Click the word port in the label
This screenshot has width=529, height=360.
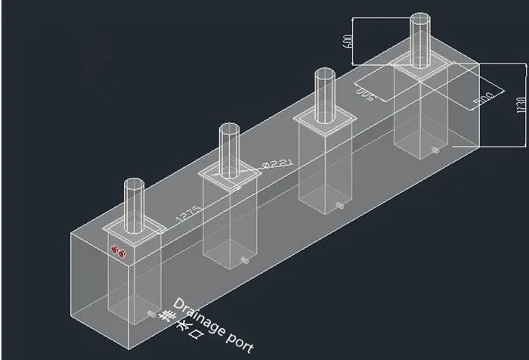click(x=239, y=340)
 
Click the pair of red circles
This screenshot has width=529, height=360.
click(x=117, y=250)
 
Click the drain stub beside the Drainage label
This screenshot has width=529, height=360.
click(x=153, y=312)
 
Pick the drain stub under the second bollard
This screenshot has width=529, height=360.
click(x=246, y=262)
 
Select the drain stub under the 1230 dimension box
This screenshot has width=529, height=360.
click(x=435, y=151)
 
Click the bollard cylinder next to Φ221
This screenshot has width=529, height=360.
click(x=230, y=150)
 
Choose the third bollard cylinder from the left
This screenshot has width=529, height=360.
click(x=325, y=92)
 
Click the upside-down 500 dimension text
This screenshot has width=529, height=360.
click(x=365, y=92)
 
